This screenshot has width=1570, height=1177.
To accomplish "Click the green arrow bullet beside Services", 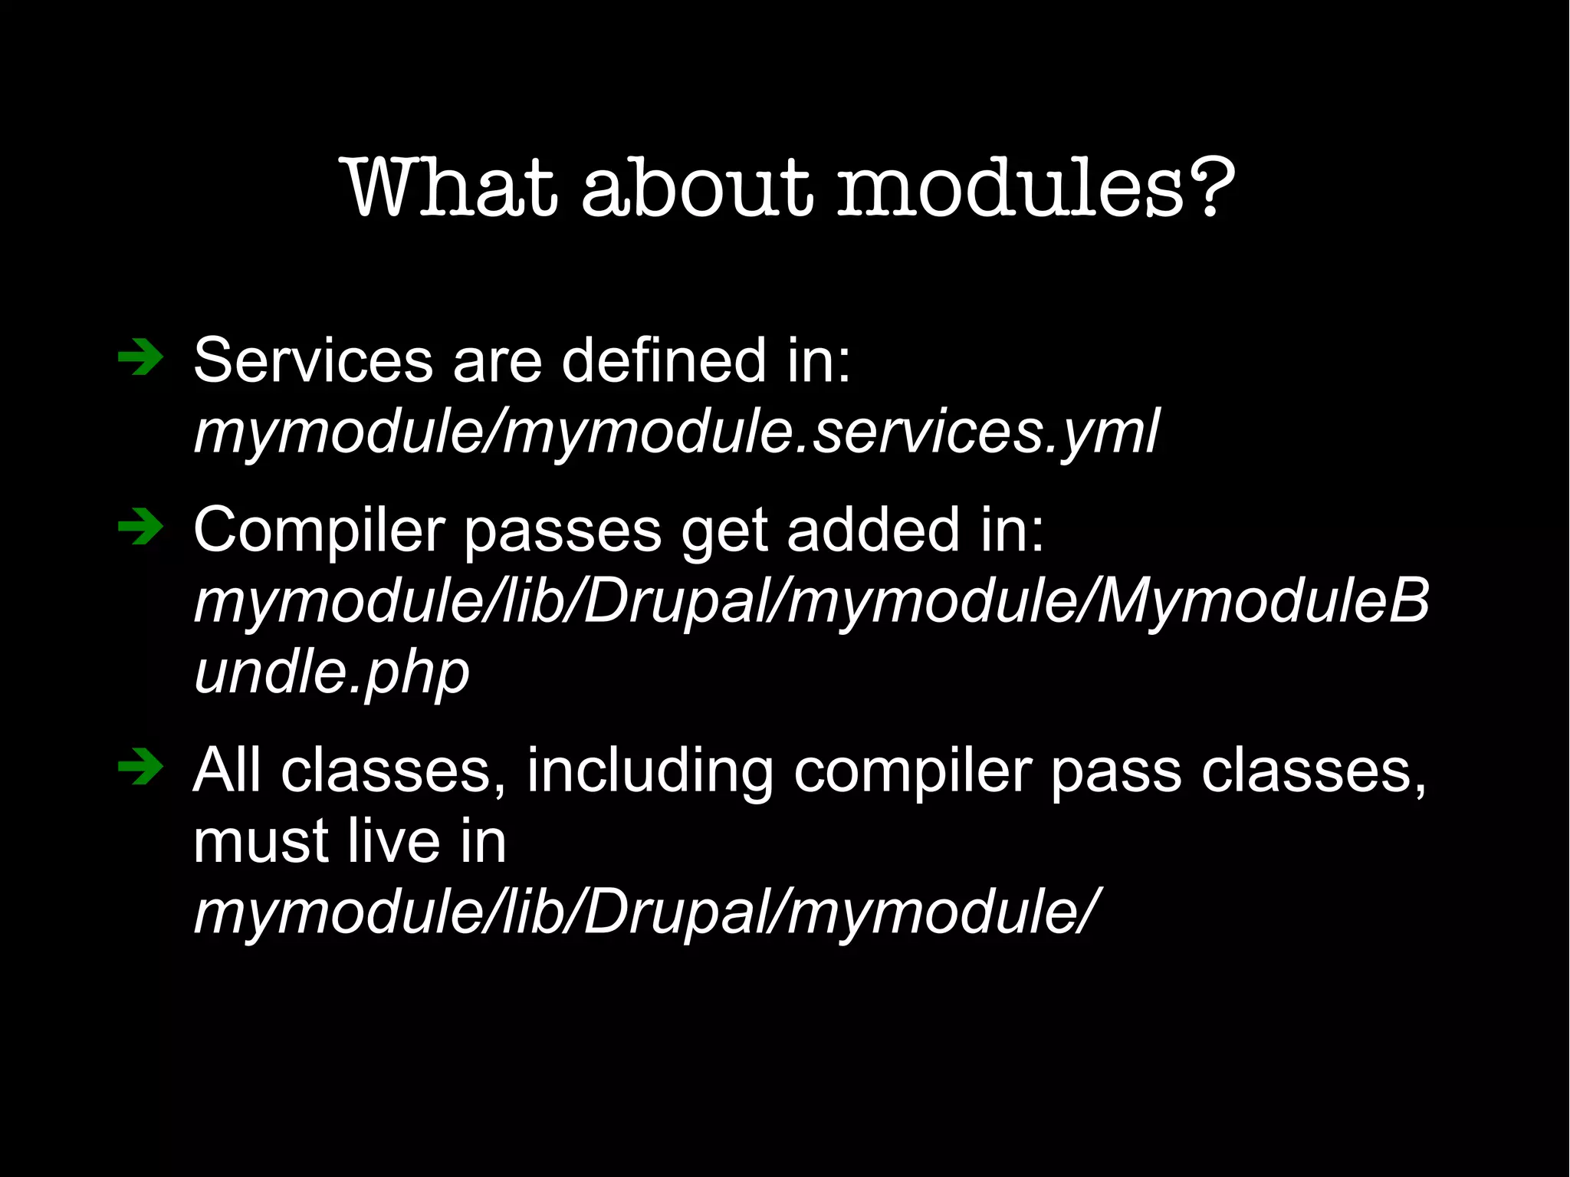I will tap(140, 358).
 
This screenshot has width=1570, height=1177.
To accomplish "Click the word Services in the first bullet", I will tap(313, 360).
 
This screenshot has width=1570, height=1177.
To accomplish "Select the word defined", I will tap(663, 360).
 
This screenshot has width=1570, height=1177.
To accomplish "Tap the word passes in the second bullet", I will tap(562, 531).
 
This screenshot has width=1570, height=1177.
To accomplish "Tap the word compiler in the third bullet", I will tap(911, 771).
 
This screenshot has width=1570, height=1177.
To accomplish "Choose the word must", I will tap(261, 841).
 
